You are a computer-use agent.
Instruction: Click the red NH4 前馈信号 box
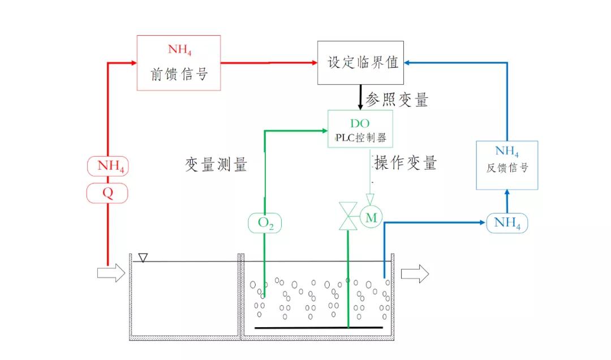(x=178, y=62)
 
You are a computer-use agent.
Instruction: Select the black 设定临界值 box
(x=360, y=62)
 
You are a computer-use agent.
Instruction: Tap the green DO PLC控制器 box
(x=360, y=129)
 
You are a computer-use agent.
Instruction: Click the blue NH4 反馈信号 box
(x=507, y=165)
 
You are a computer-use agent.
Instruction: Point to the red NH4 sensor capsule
(x=107, y=166)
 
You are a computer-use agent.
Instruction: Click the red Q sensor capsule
(x=107, y=194)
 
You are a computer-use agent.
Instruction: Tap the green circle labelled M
(x=371, y=216)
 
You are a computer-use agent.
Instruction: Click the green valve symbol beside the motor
(x=347, y=216)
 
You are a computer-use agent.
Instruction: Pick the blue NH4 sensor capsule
(x=507, y=222)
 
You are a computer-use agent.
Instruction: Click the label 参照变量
(x=397, y=101)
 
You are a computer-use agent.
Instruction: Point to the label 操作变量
(x=405, y=163)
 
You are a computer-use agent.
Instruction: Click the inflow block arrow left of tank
(x=110, y=273)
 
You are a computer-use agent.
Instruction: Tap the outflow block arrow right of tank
(x=415, y=274)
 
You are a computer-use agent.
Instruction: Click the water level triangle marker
(x=143, y=258)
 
